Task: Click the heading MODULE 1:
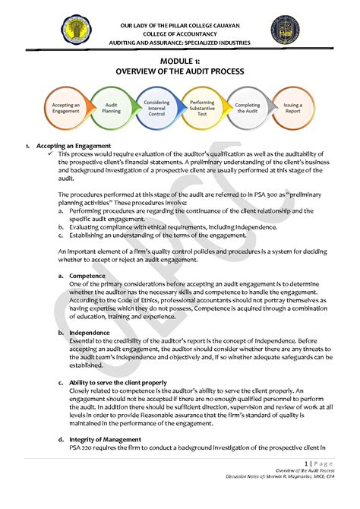pyautogui.click(x=179, y=60)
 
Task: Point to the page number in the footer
pyautogui.click(x=306, y=463)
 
